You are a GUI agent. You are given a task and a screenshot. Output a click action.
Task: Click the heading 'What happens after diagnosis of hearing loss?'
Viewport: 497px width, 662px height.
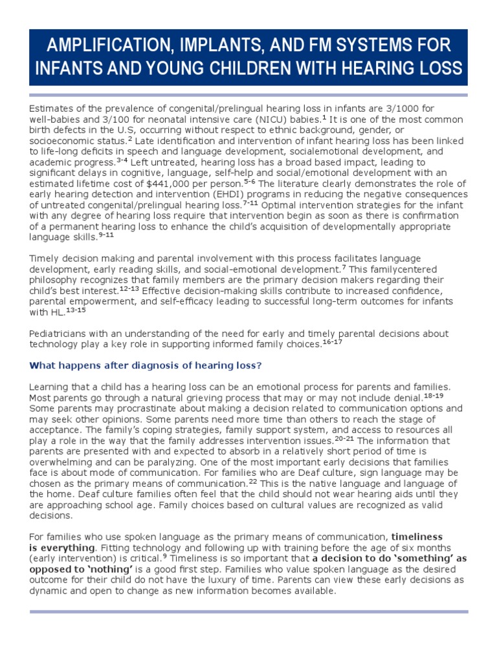146,365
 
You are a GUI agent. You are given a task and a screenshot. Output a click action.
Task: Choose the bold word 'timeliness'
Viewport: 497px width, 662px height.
417,537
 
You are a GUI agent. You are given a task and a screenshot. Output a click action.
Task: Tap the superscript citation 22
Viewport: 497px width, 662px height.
253,481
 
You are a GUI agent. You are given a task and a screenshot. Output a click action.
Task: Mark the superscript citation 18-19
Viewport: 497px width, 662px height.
434,394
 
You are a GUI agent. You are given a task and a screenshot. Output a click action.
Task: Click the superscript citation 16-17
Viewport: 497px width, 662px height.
332,341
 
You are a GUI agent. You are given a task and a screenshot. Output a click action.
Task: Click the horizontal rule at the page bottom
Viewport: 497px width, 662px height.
248,611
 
